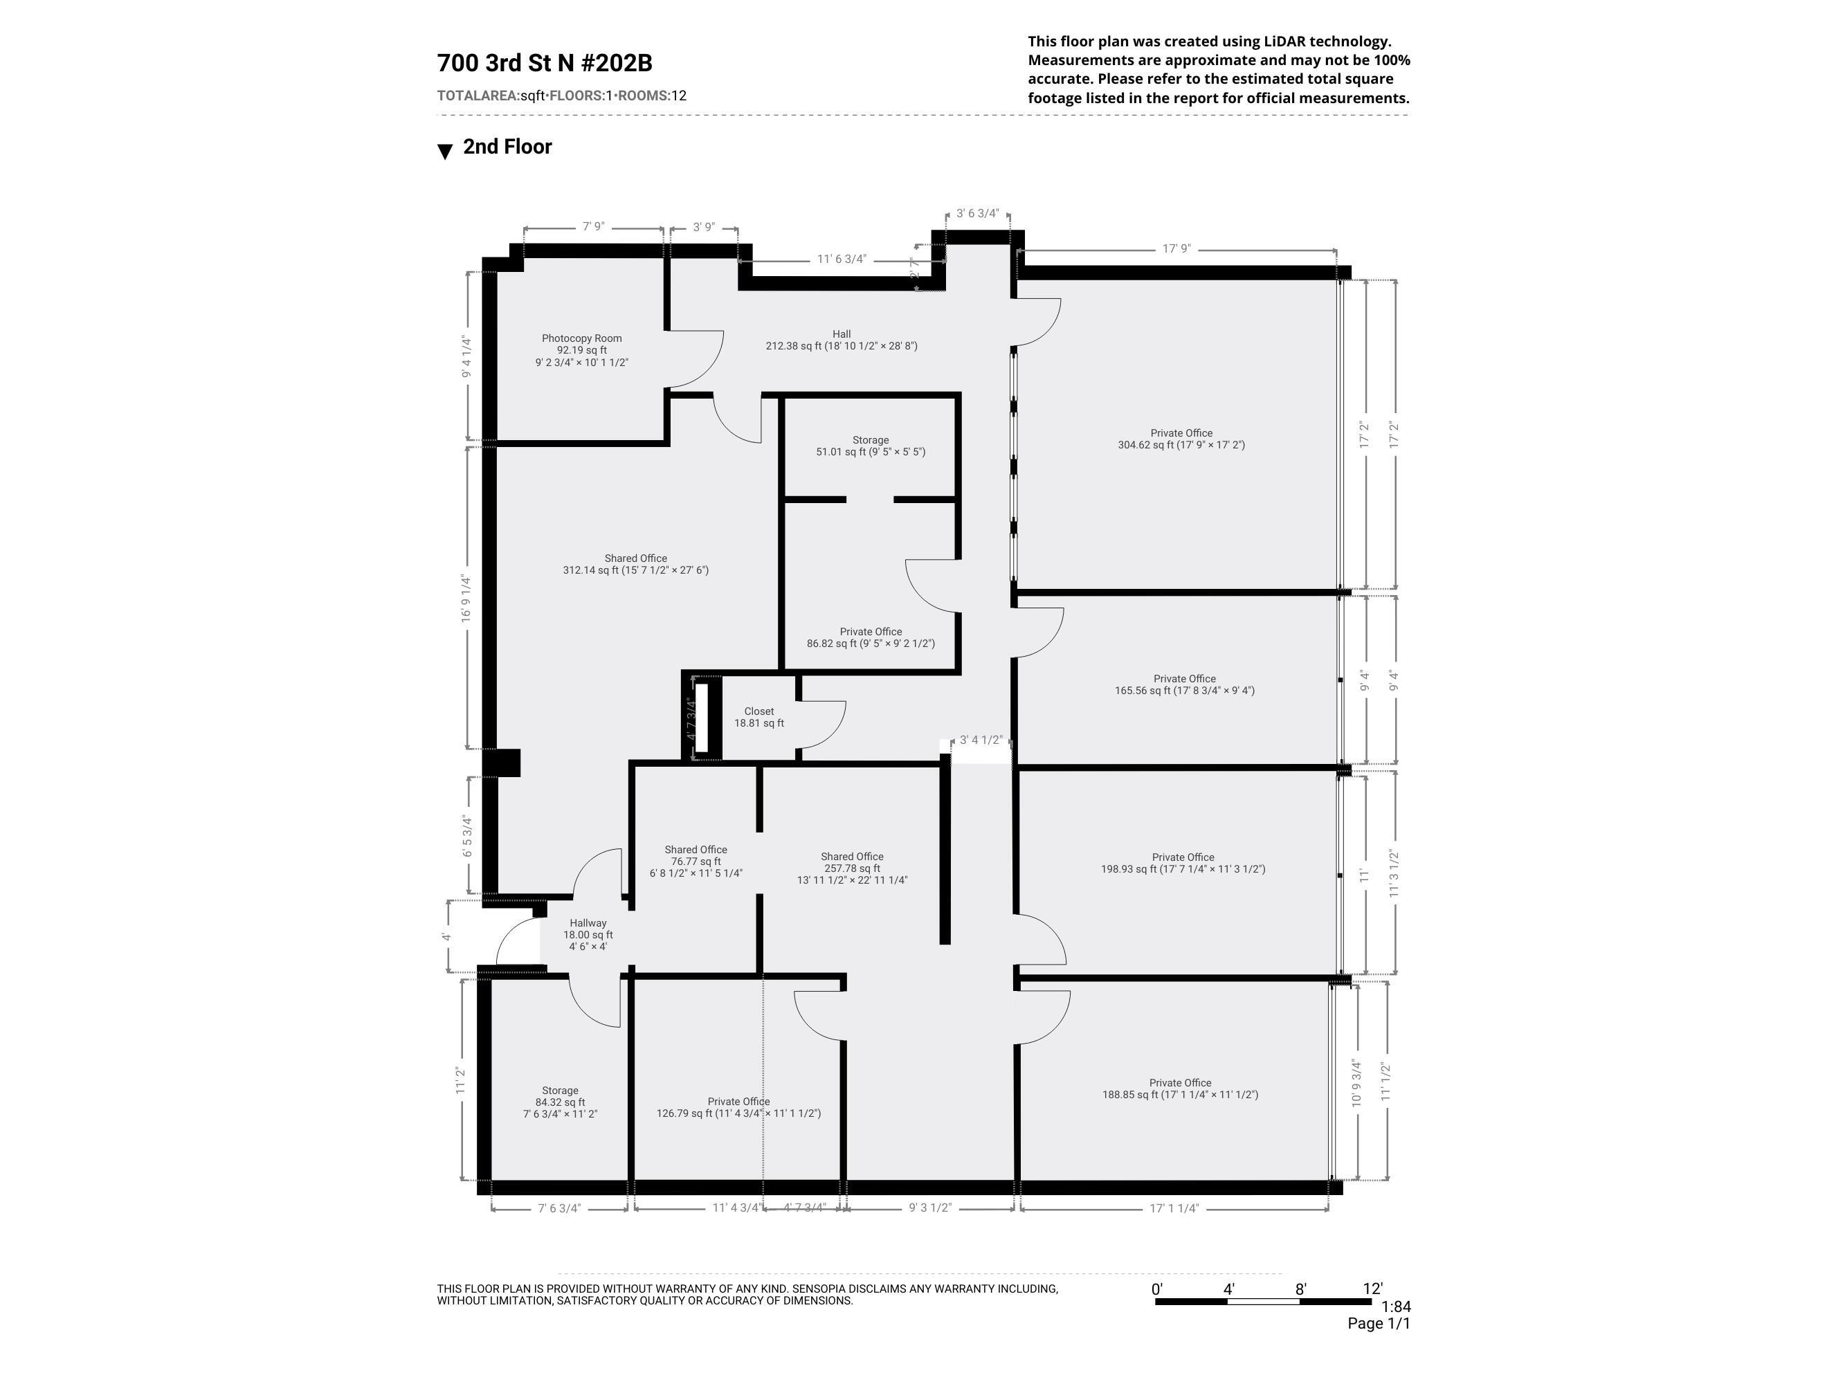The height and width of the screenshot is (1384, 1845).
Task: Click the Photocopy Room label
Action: (x=581, y=338)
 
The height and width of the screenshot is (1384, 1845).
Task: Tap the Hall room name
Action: (x=842, y=334)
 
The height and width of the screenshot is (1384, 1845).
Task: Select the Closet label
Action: (x=759, y=711)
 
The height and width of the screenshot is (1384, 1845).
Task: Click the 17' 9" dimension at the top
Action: (x=1176, y=248)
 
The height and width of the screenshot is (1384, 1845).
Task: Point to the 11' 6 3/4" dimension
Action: (x=842, y=259)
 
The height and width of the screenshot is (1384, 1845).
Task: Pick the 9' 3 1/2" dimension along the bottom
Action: (x=930, y=1207)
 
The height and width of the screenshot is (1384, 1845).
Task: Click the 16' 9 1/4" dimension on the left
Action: (x=466, y=598)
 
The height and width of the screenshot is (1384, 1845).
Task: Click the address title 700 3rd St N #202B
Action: (x=545, y=62)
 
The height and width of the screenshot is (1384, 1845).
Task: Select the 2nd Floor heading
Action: (x=507, y=147)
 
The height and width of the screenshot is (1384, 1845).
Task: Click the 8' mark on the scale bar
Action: (x=1300, y=1289)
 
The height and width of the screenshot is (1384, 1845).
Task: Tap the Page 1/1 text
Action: (x=1379, y=1323)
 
